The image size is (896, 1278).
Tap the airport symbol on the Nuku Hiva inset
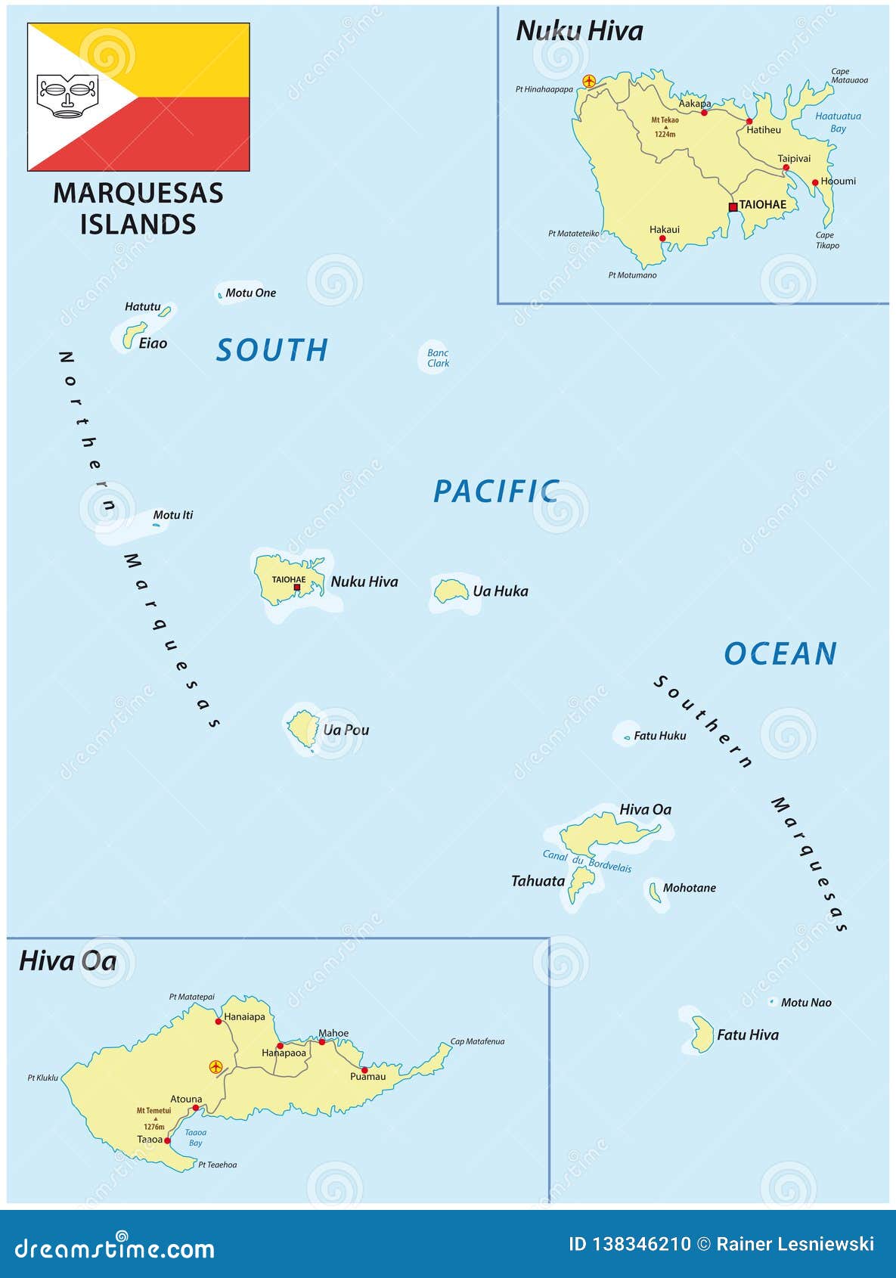[x=589, y=81]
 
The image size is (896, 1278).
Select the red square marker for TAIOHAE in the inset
[x=733, y=206]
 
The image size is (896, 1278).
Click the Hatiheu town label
[x=764, y=130]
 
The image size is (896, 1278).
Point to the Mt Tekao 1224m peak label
[x=665, y=126]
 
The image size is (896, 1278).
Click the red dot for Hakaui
[x=662, y=239]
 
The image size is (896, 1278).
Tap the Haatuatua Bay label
[x=838, y=123]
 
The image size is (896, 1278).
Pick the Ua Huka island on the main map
[x=451, y=591]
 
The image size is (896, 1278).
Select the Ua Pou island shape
[x=303, y=727]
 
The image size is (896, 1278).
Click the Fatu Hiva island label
[x=747, y=1035]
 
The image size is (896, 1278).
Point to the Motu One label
[x=250, y=293]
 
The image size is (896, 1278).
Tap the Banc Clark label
[x=438, y=358]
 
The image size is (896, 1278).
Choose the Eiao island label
[x=153, y=343]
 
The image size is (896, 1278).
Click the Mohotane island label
[x=689, y=888]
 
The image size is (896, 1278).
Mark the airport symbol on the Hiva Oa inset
[x=216, y=1067]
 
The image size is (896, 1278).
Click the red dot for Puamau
[x=364, y=1070]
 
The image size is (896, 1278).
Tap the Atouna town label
[x=186, y=1099]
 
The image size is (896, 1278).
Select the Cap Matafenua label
[x=477, y=1041]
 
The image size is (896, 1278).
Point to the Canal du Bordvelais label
[x=587, y=861]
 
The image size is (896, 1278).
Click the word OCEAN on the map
[x=780, y=653]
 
